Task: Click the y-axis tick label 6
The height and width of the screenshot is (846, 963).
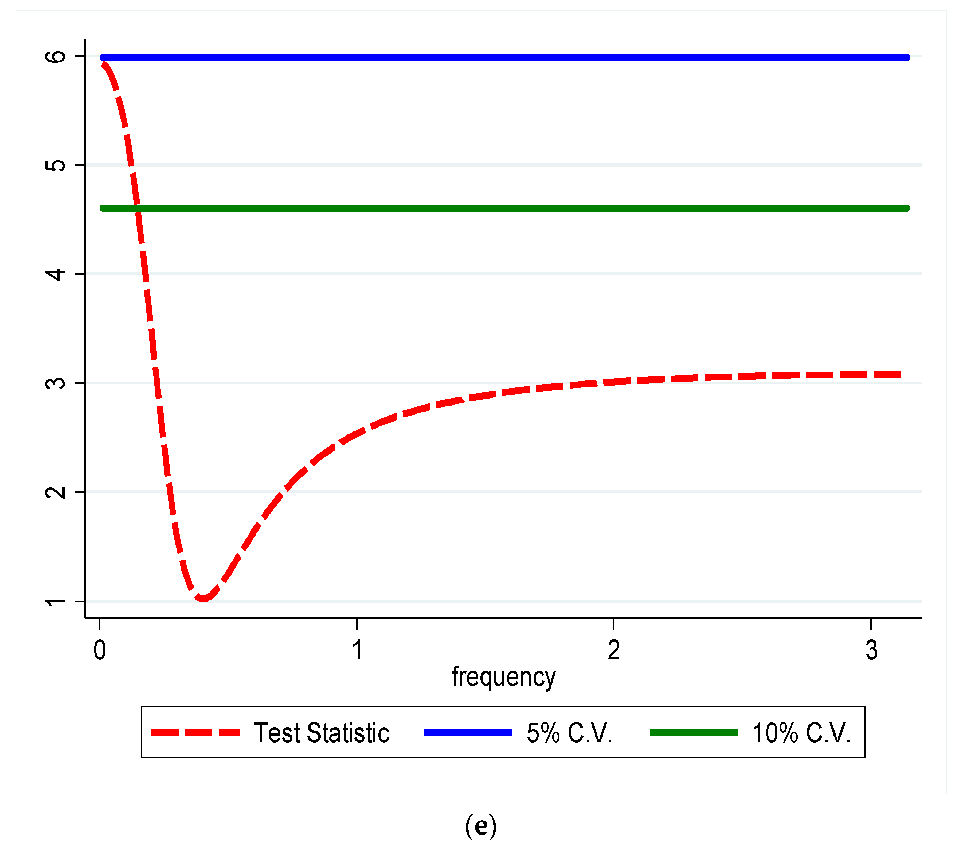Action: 56,56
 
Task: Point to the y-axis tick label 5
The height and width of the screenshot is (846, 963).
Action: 56,166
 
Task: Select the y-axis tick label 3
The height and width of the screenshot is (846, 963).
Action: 56,383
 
